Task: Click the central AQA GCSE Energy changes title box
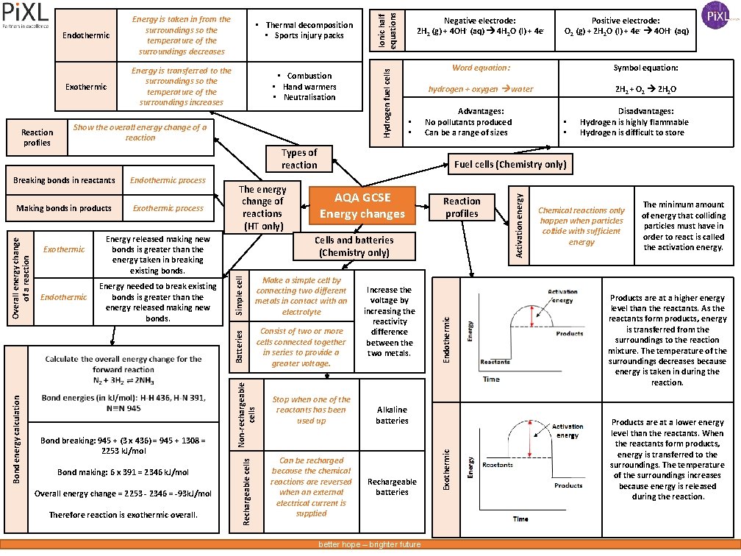coord(362,205)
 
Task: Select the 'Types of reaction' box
coord(299,159)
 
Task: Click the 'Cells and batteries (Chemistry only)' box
coord(354,246)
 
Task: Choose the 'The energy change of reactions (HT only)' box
coord(262,208)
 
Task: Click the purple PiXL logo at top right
coord(717,15)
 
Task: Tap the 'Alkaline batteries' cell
coord(392,415)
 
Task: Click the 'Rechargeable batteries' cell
coord(392,487)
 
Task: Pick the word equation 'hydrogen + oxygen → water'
coord(481,89)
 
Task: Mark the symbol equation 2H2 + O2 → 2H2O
coord(645,89)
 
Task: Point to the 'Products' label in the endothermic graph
coord(570,333)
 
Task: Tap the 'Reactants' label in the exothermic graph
coord(498,465)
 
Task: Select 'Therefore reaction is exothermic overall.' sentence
coord(123,515)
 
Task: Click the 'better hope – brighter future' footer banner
coord(369,544)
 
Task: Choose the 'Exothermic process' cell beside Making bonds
coord(168,208)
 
